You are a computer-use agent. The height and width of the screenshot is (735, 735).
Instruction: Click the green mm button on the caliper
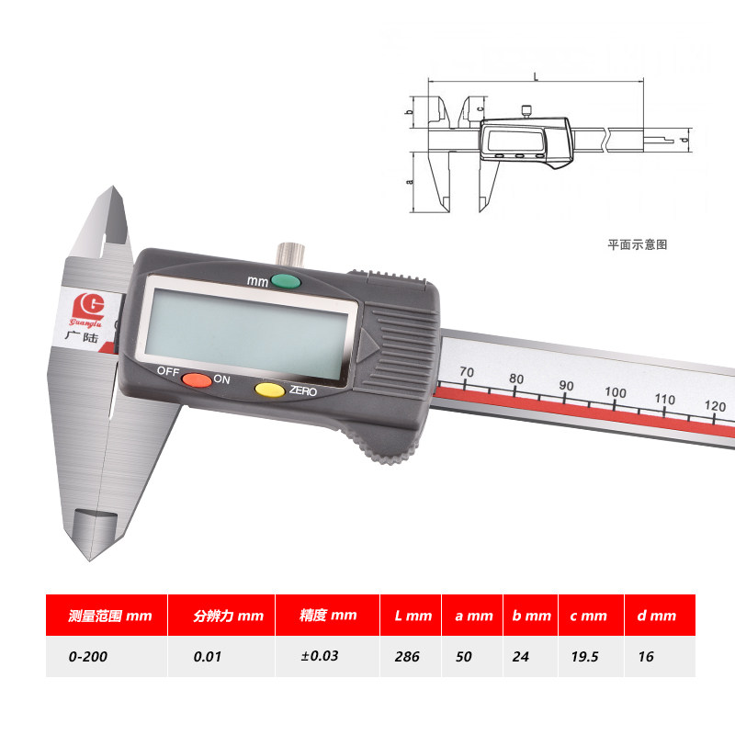[x=286, y=281]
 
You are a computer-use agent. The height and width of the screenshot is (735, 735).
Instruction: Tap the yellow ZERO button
[x=269, y=390]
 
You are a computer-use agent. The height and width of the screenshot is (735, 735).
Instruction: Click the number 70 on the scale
[x=466, y=372]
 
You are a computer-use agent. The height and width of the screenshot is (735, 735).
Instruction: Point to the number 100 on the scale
[x=615, y=392]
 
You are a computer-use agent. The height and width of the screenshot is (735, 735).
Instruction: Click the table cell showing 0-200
[x=81, y=657]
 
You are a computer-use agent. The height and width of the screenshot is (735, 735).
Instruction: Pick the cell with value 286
[x=407, y=657]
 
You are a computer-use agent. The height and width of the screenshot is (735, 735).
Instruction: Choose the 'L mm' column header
[x=412, y=616]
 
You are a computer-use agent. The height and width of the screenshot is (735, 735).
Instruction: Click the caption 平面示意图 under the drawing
[x=637, y=244]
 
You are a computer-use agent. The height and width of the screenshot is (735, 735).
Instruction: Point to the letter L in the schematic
[x=536, y=78]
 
